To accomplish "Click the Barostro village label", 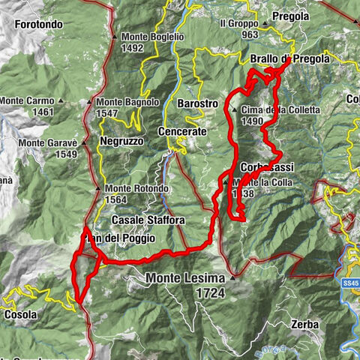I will [x=198, y=103].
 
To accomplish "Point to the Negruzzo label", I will [x=122, y=141].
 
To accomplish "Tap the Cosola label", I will [x=19, y=315].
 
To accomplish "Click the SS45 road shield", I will [x=351, y=283].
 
